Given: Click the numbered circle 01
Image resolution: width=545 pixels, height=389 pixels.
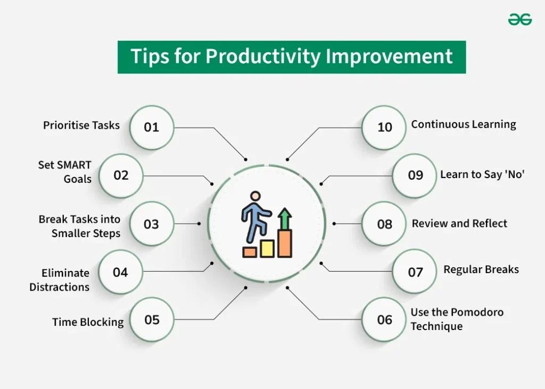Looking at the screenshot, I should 152,128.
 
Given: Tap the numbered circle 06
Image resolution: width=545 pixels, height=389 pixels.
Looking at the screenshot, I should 384,319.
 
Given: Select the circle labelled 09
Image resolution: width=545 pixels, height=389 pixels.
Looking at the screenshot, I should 415,175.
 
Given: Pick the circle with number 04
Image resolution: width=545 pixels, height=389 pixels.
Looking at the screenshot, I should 120,272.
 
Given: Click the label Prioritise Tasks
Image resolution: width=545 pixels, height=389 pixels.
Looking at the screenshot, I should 81,125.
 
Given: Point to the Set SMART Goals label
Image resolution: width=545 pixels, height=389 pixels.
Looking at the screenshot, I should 65,172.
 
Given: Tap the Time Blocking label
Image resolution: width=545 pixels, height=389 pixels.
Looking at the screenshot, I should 88,322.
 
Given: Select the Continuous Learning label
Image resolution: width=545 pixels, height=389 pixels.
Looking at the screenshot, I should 464,124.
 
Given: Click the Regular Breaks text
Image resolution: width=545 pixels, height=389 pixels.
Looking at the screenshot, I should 481,269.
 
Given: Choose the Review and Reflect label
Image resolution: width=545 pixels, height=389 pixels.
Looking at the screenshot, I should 459,224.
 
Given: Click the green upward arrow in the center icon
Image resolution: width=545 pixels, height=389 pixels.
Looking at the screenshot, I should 285,218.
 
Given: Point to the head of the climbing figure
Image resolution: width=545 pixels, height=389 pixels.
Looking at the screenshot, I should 256,196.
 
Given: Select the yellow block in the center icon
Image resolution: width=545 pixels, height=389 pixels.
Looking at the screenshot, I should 267,248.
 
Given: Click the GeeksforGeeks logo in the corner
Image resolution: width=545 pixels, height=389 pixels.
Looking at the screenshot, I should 519,20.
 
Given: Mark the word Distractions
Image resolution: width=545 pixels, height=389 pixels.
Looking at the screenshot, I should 59,287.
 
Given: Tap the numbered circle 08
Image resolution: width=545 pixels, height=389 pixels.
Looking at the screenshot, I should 384,224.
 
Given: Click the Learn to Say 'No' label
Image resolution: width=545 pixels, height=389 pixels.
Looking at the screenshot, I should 482,175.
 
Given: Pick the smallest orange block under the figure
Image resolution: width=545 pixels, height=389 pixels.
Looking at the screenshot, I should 250,252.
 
